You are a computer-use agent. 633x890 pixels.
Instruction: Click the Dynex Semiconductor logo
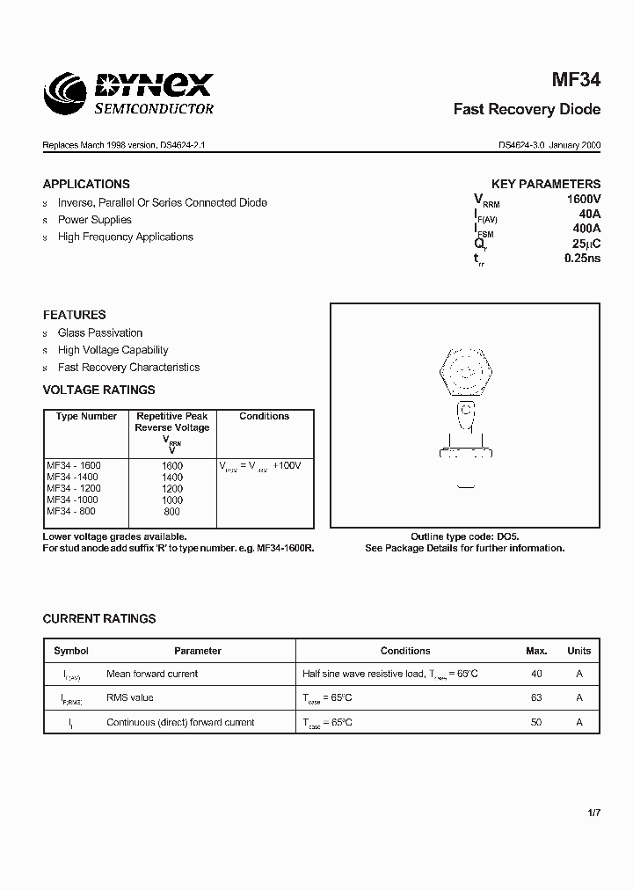pyautogui.click(x=129, y=92)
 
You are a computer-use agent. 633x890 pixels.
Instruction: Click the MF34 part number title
pyautogui.click(x=576, y=80)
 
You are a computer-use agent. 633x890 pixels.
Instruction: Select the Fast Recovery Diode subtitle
pyautogui.click(x=527, y=110)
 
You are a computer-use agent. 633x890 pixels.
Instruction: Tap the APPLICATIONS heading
pyautogui.click(x=86, y=184)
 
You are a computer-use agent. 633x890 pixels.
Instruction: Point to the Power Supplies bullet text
pyautogui.click(x=94, y=220)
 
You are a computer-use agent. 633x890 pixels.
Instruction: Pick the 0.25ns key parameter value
pyautogui.click(x=582, y=259)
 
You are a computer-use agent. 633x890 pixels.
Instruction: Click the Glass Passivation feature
pyautogui.click(x=99, y=332)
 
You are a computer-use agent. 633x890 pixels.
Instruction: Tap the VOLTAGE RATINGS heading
pyautogui.click(x=98, y=390)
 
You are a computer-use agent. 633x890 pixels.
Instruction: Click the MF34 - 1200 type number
pyautogui.click(x=74, y=488)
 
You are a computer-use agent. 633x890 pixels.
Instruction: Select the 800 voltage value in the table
pyautogui.click(x=171, y=511)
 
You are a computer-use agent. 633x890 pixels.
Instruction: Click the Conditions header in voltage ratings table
pyautogui.click(x=264, y=416)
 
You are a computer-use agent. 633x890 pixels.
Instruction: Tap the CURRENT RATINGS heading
pyautogui.click(x=99, y=618)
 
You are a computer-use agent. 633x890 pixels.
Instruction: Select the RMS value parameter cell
pyautogui.click(x=129, y=697)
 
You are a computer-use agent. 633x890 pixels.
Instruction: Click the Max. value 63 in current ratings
pyautogui.click(x=536, y=697)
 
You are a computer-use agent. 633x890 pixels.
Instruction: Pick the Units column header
pyautogui.click(x=578, y=651)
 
